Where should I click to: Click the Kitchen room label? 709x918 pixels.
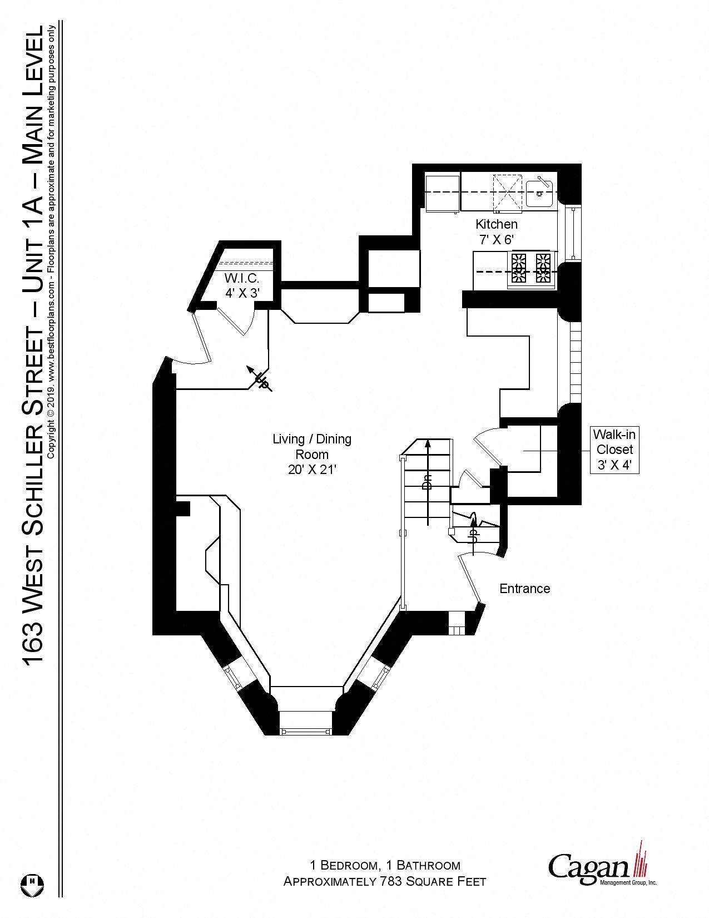click(496, 224)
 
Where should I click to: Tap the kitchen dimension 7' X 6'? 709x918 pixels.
click(496, 240)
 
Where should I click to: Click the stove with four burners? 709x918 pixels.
click(530, 270)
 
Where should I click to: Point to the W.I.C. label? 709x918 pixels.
click(241, 278)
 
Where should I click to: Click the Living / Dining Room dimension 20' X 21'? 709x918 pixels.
click(312, 470)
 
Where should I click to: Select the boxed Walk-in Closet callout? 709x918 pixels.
click(614, 450)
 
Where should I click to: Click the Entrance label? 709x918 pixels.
click(524, 589)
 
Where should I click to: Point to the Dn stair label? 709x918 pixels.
click(427, 482)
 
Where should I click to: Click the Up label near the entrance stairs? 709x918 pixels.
click(473, 535)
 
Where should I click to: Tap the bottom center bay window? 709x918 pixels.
click(305, 731)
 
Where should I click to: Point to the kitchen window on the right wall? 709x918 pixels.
click(573, 233)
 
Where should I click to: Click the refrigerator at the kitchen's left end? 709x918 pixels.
click(443, 193)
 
